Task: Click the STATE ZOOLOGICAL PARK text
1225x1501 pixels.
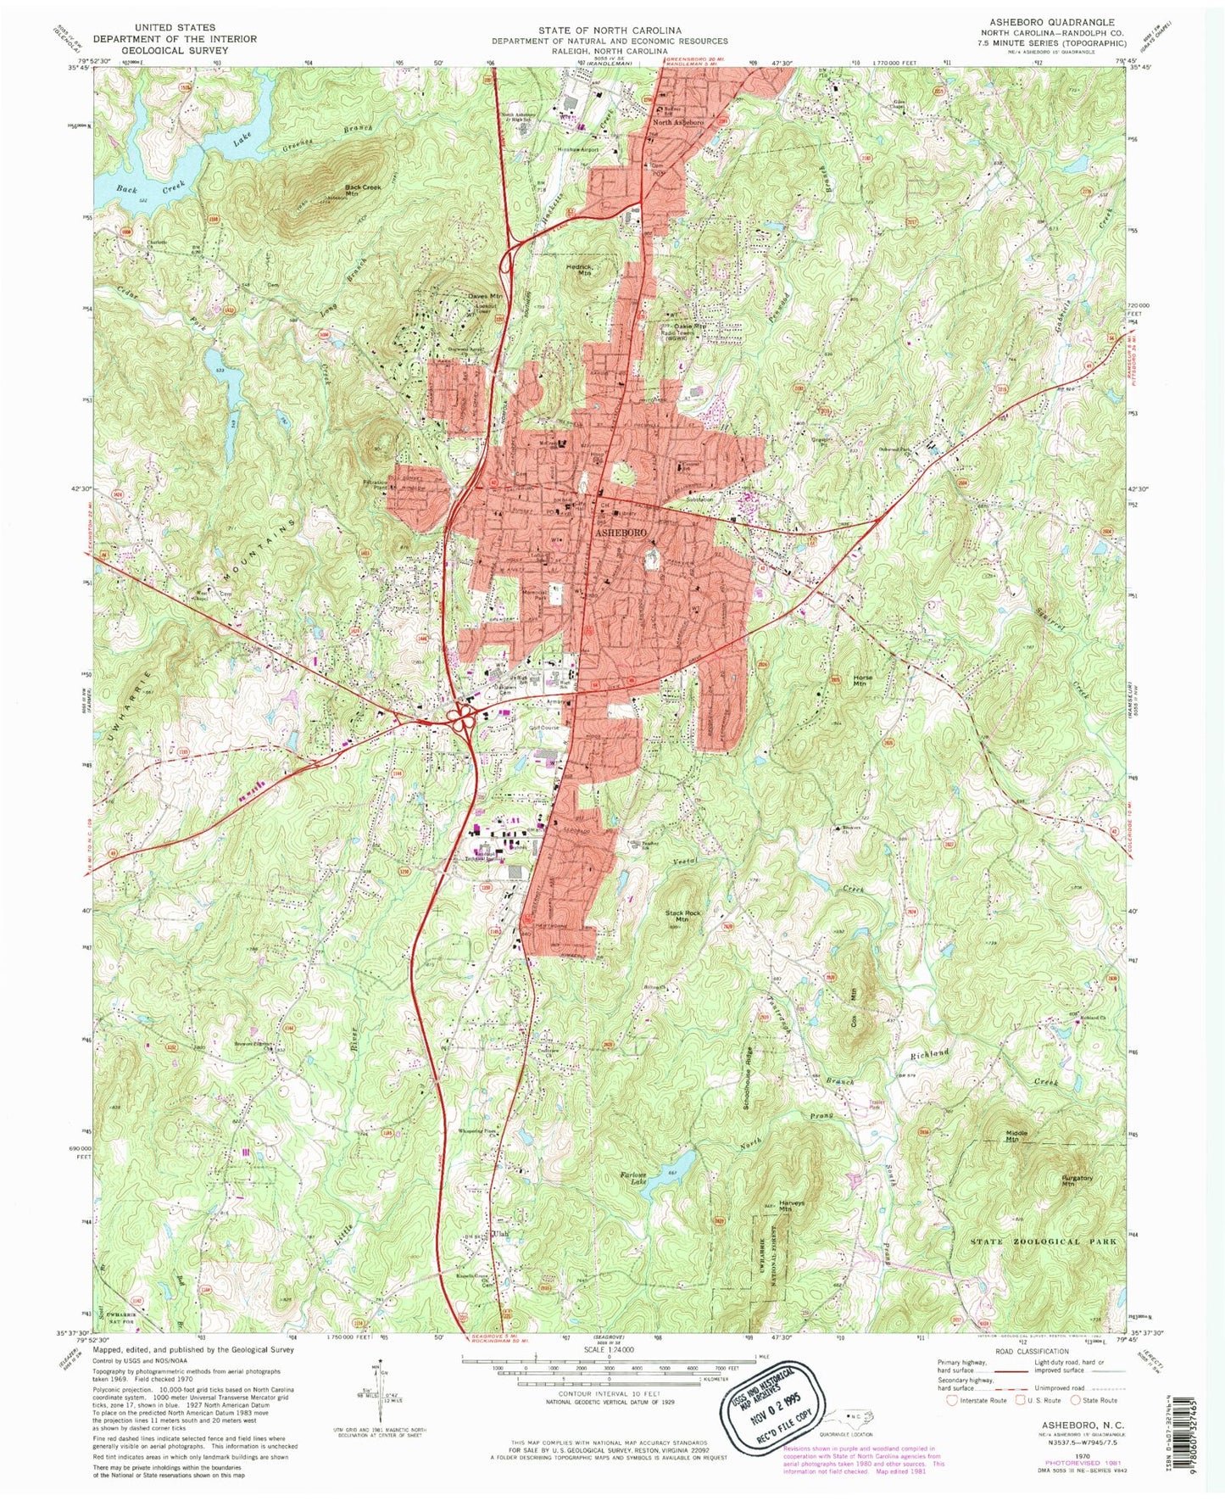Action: coord(1044,1242)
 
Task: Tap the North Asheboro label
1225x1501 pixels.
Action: coord(677,122)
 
